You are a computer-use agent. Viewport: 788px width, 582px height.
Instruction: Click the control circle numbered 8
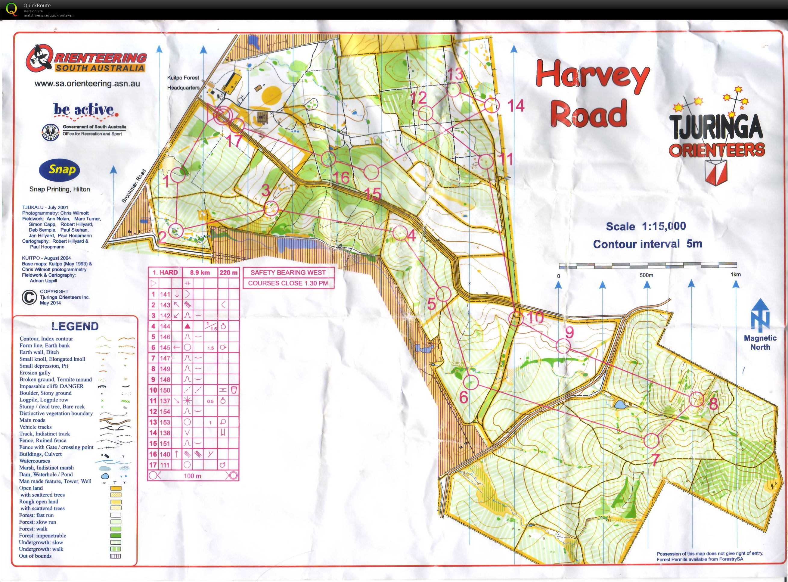(696, 400)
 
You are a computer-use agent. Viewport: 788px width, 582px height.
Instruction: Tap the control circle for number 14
(492, 105)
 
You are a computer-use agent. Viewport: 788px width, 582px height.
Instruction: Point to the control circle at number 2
(177, 231)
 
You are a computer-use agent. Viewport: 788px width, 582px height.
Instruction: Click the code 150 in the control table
(165, 390)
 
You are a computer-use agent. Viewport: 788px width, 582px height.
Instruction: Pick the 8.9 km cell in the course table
(200, 272)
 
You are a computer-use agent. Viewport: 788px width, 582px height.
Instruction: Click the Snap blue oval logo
(60, 170)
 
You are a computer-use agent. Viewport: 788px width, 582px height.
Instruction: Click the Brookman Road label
(134, 186)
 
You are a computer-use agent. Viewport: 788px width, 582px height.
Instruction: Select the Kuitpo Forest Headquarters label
(183, 82)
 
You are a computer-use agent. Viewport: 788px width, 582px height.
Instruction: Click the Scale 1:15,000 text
(646, 226)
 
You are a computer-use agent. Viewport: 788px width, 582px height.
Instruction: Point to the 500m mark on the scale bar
(646, 275)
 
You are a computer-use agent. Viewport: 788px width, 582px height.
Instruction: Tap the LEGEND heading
(75, 326)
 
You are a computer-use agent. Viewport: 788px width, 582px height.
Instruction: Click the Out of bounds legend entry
(35, 556)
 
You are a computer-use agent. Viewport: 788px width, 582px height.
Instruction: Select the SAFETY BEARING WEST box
(288, 272)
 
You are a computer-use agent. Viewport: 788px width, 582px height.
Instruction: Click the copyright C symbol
(29, 297)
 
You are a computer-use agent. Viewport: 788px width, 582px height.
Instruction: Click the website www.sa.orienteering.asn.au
(87, 83)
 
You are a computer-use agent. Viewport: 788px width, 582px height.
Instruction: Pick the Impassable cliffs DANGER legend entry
(51, 386)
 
